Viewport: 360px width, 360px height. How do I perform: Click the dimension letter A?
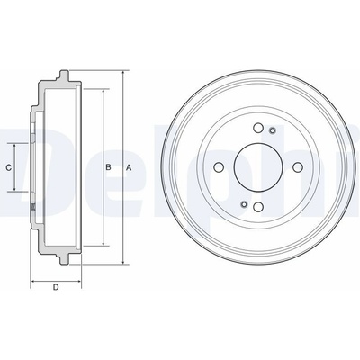click(129, 168)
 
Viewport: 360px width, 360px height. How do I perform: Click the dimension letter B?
click(108, 167)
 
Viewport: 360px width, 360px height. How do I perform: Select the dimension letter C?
click(9, 167)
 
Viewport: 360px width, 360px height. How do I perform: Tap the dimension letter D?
click(56, 287)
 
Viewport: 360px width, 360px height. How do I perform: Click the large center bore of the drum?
click(257, 167)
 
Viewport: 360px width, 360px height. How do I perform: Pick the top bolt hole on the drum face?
click(258, 128)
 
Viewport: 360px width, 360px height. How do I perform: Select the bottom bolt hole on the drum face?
click(258, 207)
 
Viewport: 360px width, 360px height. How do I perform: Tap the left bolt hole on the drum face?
click(219, 167)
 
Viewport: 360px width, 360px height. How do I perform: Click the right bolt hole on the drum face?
click(297, 167)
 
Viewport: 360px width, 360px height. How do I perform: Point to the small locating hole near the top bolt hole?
click(273, 130)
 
